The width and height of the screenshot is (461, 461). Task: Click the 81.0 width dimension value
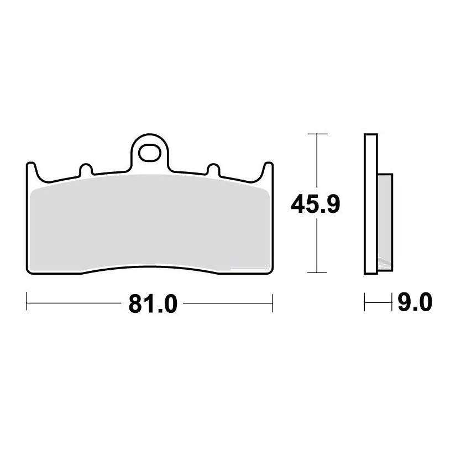(x=153, y=303)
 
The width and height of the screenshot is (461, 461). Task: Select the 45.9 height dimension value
(x=316, y=203)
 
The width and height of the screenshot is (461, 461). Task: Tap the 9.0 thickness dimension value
(x=415, y=302)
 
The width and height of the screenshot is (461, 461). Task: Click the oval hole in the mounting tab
(x=149, y=153)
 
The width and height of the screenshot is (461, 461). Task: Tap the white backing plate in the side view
(x=371, y=204)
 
